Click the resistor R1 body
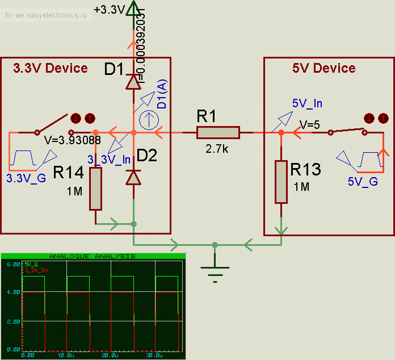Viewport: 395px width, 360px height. coord(218,133)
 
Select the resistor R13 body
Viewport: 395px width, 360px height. coord(281,182)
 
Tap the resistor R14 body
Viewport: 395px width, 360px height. coord(95,189)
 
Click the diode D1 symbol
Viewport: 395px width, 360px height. coord(133,83)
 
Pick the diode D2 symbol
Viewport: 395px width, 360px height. coord(133,177)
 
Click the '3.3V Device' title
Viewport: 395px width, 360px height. coord(51,69)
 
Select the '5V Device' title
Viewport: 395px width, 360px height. coord(323,69)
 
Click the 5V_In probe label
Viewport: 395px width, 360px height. coord(307,103)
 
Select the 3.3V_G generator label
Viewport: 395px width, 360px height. coord(25,178)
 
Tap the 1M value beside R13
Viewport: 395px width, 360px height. coord(301,187)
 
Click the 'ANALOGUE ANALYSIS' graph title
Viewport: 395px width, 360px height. coord(93,256)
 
